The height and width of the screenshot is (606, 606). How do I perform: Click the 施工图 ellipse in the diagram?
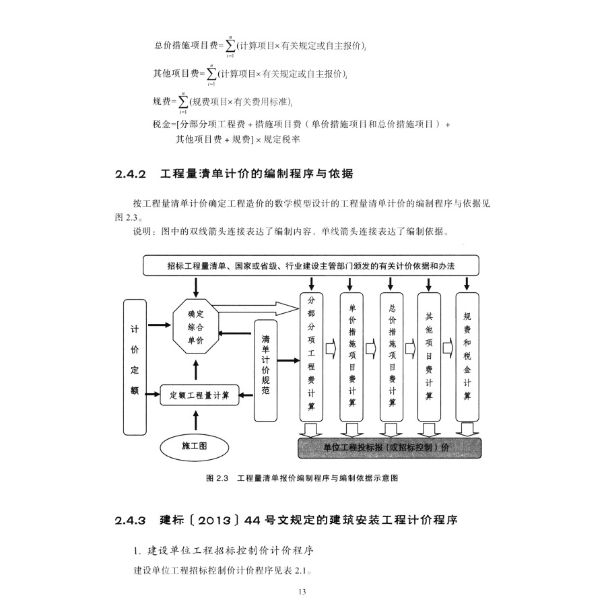[195, 446]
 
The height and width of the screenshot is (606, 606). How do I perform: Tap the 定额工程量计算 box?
[195, 395]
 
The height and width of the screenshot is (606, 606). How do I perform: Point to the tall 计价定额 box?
[135, 367]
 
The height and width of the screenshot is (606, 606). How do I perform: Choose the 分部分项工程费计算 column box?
[310, 358]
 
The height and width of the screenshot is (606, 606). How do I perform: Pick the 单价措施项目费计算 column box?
[351, 358]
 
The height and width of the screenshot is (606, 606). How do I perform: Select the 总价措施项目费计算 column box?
[392, 358]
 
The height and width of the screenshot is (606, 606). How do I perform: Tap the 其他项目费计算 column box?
[429, 358]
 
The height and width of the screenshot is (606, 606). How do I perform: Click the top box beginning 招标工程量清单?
[311, 265]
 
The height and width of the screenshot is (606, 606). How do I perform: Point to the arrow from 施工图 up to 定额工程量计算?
[195, 419]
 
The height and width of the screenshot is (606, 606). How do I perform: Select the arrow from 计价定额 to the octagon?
[160, 325]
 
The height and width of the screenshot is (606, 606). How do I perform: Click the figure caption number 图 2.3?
[219, 478]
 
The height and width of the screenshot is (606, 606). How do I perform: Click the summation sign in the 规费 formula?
[182, 101]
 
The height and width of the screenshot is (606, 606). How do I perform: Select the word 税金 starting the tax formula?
[163, 125]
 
